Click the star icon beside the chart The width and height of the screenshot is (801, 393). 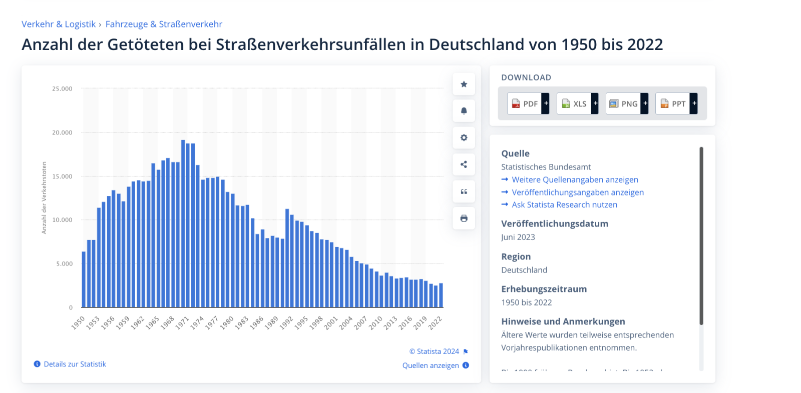coord(464,84)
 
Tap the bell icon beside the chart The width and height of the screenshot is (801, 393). coord(464,110)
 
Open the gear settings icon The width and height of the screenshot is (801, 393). coord(464,137)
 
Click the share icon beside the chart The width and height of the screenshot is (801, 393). coord(464,164)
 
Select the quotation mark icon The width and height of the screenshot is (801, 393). coord(464,191)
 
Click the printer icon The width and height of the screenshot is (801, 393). coord(464,218)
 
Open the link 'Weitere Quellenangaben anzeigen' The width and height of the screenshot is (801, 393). coord(575,179)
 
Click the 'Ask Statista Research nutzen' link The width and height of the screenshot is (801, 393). coord(564,204)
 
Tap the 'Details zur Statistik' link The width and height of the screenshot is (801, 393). coord(75,364)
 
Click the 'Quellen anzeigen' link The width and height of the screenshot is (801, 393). coord(431,365)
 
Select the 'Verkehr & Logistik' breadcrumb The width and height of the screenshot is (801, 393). coord(59,24)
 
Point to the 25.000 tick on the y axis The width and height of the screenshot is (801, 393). coord(62,88)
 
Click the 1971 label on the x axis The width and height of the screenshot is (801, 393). coord(182,322)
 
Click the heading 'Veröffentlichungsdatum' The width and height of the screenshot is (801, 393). coord(555,223)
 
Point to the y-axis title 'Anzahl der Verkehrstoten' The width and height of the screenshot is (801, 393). coord(44,197)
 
